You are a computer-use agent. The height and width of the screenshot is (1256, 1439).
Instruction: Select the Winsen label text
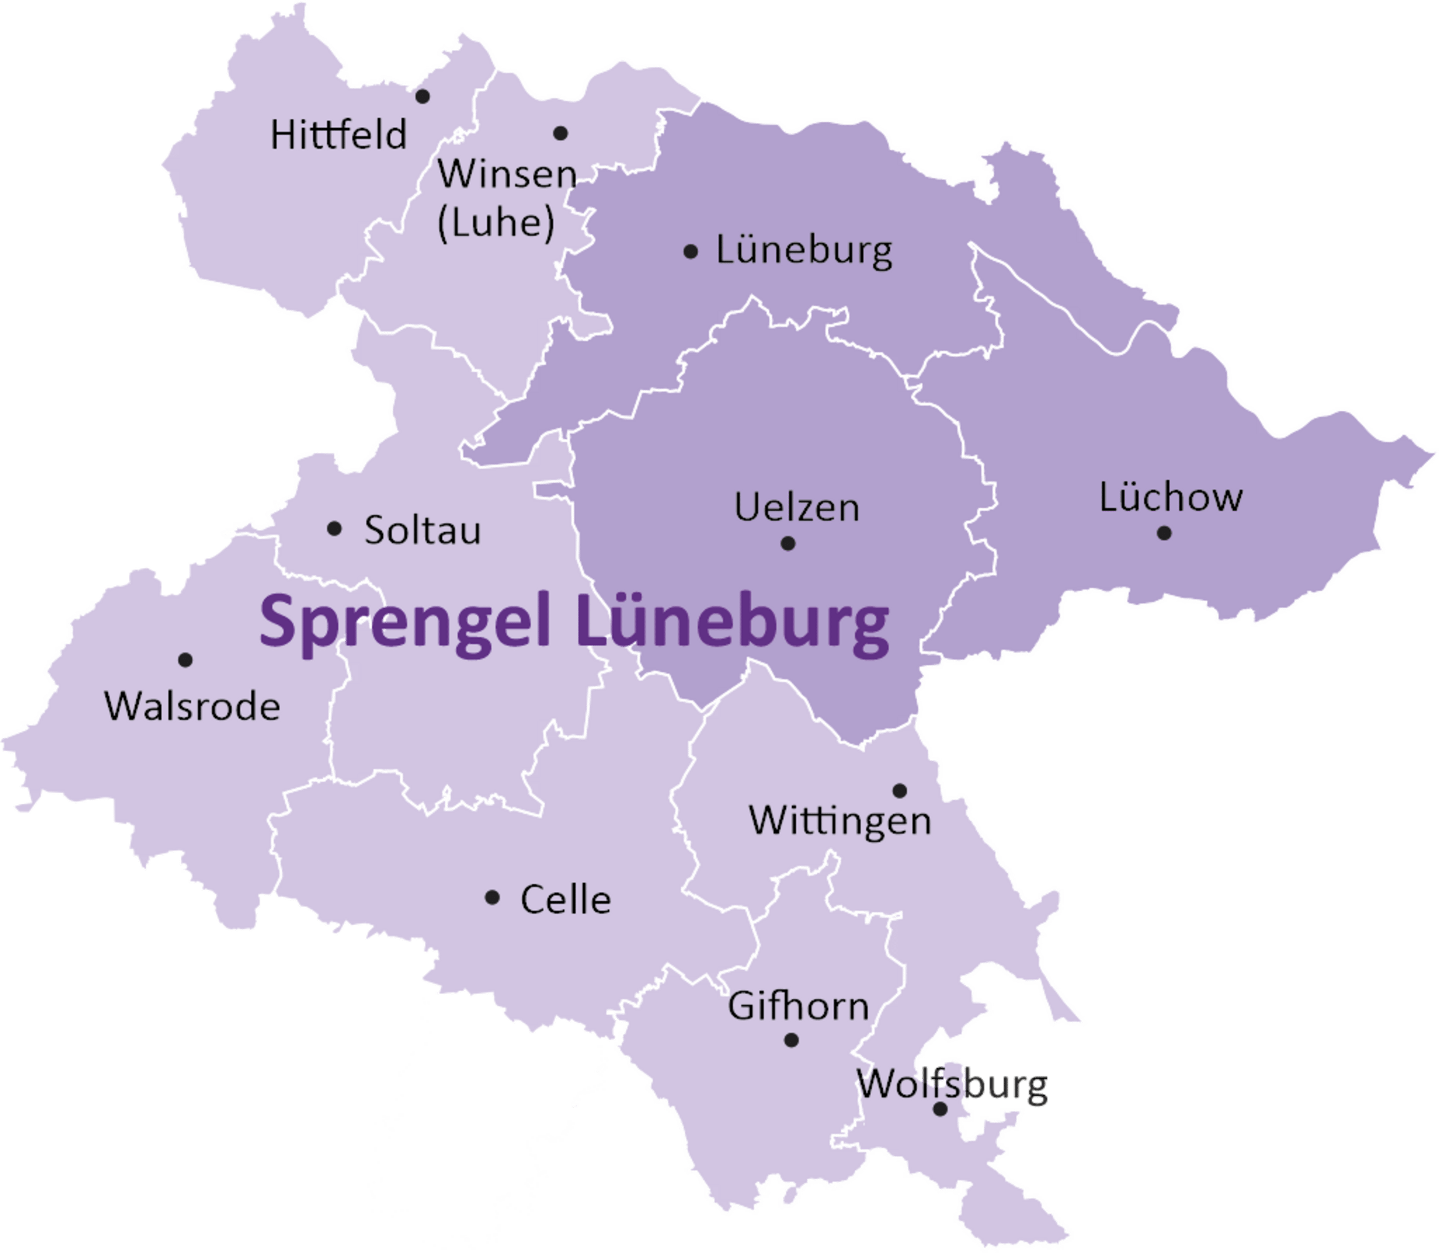[507, 174]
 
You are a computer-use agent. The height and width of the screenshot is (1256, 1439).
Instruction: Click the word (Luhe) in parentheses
[496, 223]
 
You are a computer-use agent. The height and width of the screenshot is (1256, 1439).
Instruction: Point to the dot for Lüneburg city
[691, 251]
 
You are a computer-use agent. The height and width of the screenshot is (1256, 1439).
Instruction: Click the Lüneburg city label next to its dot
[804, 251]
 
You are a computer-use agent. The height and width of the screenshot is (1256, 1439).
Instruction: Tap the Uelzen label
[797, 507]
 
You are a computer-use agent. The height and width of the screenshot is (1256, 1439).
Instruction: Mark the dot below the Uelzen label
[788, 543]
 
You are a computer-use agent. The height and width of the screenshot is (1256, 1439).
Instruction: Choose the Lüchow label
[1171, 497]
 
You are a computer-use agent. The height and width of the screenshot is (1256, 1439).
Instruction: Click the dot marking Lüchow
[1164, 534]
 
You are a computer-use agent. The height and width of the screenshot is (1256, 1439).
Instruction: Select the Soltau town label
[423, 530]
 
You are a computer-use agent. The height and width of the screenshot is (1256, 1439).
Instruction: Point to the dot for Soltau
[334, 529]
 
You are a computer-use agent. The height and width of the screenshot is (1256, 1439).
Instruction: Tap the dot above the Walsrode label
[185, 659]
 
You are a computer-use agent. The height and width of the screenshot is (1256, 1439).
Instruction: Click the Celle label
[565, 900]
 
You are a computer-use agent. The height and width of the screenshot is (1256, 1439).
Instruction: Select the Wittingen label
[840, 821]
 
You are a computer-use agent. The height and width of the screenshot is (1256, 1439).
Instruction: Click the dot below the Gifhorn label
[791, 1040]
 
